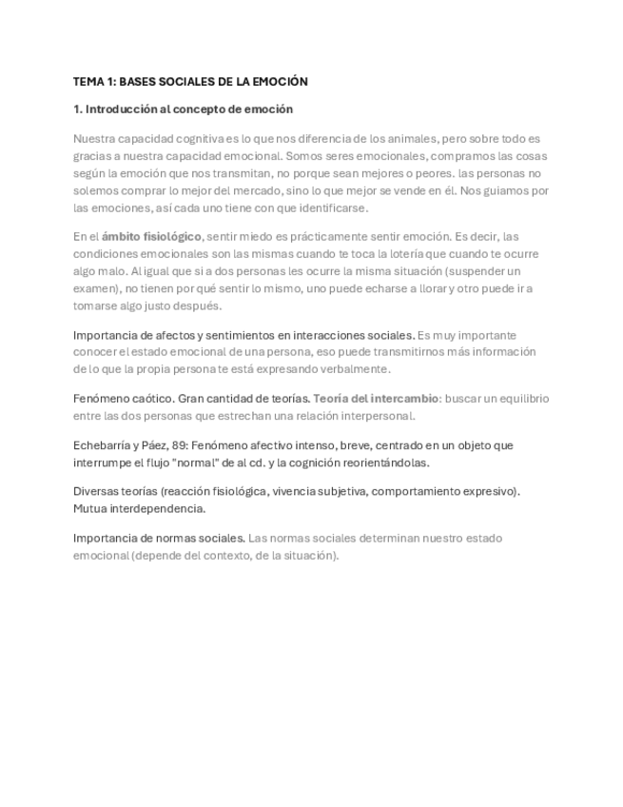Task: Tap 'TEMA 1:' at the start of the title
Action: click(94, 82)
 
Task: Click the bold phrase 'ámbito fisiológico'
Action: click(152, 236)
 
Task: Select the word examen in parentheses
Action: click(93, 288)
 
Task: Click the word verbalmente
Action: click(354, 368)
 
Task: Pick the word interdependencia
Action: click(156, 508)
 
